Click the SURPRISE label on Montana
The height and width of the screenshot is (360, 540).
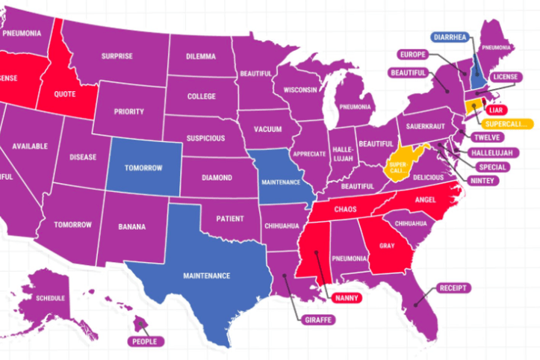117,55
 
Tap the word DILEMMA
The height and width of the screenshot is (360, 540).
201,56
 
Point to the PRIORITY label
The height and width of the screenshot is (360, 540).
128,111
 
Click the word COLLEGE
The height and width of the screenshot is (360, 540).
201,96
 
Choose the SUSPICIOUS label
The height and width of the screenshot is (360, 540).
205,138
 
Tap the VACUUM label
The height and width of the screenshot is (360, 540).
267,128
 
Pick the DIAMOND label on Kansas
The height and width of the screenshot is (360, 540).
217,179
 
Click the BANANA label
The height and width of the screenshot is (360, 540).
131,226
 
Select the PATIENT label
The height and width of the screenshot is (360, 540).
230,219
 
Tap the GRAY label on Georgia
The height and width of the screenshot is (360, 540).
387,245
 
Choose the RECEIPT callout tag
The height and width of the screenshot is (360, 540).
456,288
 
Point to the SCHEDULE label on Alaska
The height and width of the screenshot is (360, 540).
51,298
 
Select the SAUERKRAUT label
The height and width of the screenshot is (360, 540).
426,127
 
